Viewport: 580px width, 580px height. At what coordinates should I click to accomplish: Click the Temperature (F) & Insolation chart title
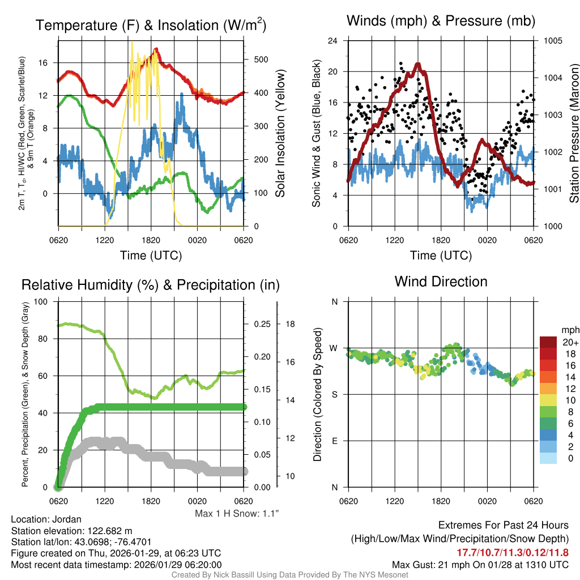pos(151,25)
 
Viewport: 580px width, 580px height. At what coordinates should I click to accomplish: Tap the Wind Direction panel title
pos(441,282)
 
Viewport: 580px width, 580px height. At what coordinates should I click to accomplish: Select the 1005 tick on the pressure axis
pos(552,41)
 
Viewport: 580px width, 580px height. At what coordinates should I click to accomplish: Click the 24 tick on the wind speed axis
pos(333,41)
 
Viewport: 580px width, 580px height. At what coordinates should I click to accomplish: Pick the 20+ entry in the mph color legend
pos(569,342)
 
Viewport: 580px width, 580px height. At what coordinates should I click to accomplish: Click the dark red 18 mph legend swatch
pos(549,353)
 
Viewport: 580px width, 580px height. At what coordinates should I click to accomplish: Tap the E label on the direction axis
pos(334,441)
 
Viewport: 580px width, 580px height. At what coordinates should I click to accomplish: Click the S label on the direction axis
pos(334,394)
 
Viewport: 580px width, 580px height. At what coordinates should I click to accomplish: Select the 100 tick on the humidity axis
pos(41,301)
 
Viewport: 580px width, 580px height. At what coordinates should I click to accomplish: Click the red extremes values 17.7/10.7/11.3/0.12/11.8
pos(513,552)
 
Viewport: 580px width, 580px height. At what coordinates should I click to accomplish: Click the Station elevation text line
pos(72,531)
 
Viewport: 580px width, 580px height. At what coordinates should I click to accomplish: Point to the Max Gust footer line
pos(480,565)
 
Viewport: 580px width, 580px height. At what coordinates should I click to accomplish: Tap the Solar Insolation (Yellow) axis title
pos(280,134)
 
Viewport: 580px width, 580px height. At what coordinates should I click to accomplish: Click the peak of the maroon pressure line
pos(418,65)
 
